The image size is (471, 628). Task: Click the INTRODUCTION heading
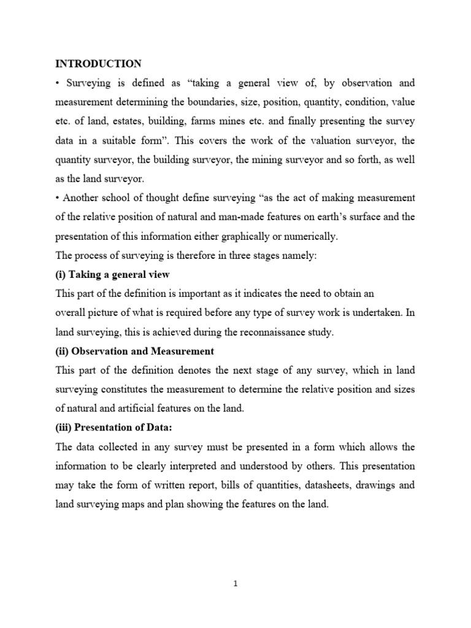point(98,63)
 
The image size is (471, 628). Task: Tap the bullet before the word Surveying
point(58,82)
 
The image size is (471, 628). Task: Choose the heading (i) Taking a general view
point(112,274)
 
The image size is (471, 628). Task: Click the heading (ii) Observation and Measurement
point(134,351)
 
